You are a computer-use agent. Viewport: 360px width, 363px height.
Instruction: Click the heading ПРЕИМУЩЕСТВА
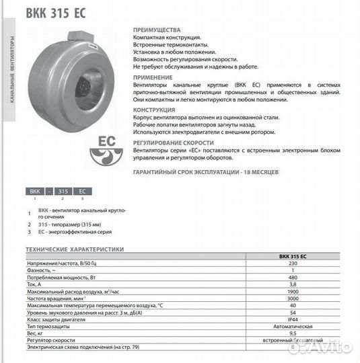(x=157, y=31)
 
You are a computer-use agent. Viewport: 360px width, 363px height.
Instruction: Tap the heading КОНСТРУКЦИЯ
(x=155, y=109)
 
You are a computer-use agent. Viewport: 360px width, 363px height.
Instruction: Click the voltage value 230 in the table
(x=292, y=264)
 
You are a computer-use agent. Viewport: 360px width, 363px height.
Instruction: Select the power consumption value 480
(x=292, y=277)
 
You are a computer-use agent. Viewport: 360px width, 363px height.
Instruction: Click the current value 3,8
(x=292, y=284)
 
